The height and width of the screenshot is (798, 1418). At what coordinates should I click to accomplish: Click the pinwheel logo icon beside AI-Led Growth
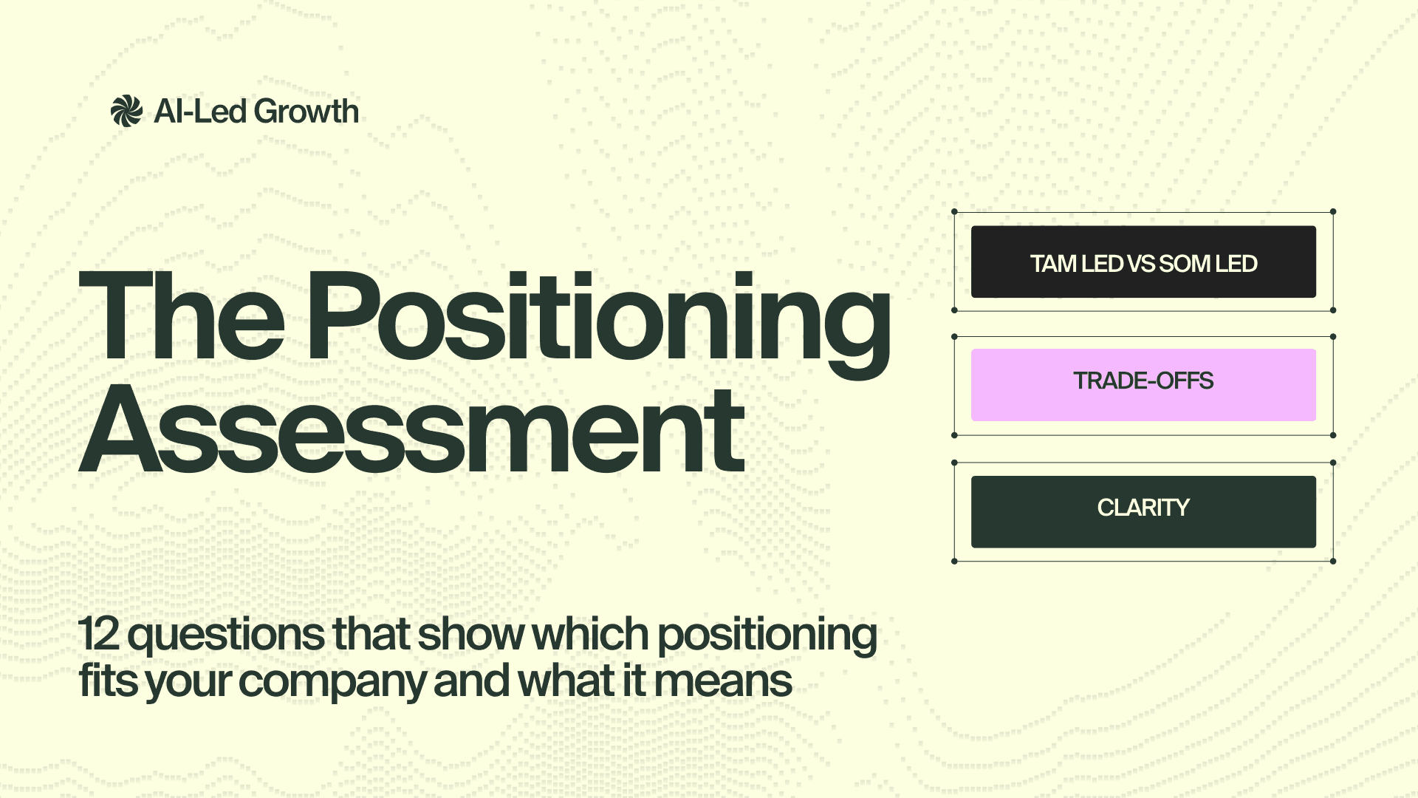coord(126,112)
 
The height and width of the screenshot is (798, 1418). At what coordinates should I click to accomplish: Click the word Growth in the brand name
coord(307,112)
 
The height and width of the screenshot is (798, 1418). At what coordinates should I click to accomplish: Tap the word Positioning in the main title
coord(598,318)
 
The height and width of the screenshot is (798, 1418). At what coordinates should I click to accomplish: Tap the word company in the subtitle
coord(332,681)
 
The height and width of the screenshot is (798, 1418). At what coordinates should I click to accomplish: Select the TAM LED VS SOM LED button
coord(1143,262)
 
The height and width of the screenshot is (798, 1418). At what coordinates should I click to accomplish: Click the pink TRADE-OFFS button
coord(1143,385)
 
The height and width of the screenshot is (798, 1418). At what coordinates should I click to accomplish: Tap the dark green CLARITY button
coord(1143,511)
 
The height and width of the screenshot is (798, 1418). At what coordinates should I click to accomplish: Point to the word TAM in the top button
coord(1054,264)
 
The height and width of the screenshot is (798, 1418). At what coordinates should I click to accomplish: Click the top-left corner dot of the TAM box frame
coord(954,212)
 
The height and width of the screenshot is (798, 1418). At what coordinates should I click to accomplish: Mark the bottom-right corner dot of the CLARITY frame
coord(1333,562)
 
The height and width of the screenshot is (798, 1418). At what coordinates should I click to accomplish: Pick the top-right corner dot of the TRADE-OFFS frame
coord(1333,337)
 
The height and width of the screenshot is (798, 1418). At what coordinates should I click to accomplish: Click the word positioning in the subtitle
coord(767,635)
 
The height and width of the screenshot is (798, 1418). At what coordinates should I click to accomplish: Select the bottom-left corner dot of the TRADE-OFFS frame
coord(954,435)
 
